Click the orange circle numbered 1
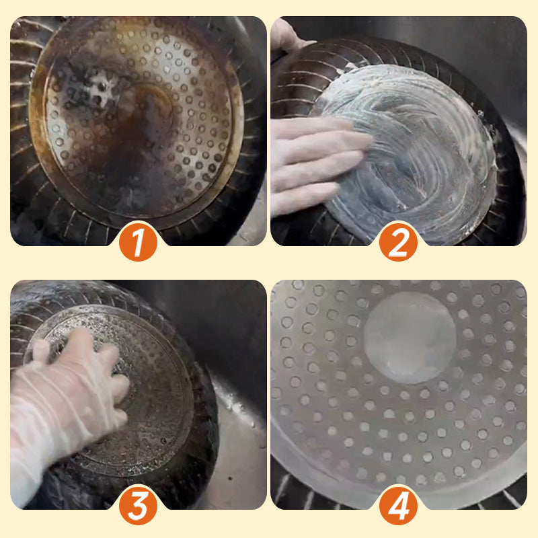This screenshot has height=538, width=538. [138, 243]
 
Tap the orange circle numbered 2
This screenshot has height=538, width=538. [398, 243]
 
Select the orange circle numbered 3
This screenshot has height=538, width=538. [138, 506]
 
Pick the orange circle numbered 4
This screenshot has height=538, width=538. [398, 506]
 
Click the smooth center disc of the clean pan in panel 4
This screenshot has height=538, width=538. [410, 338]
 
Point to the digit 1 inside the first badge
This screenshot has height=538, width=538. [138, 243]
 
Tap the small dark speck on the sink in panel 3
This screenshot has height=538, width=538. [230, 477]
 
